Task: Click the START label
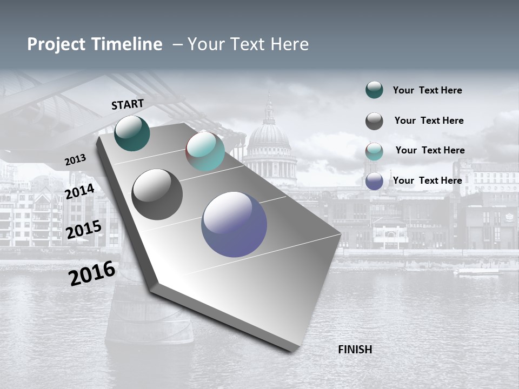128,104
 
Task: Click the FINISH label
355,350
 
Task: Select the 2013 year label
75,160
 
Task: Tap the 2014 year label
80,191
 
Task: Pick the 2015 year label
84,230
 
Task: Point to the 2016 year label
92,273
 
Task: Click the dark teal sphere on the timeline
132,133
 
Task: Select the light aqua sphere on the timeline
205,151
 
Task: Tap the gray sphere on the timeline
157,194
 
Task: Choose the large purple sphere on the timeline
234,224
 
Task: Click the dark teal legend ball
374,90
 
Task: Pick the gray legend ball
374,121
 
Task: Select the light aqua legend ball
374,151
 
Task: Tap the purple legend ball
374,181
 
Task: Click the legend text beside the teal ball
427,90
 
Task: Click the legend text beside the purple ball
427,180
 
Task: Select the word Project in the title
57,44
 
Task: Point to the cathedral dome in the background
269,135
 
